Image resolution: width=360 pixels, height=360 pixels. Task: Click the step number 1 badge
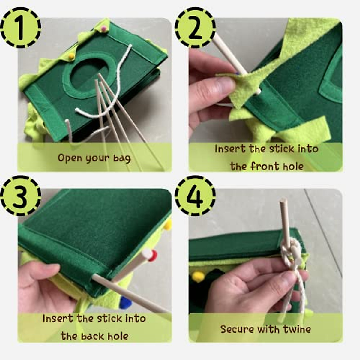coord(20,28)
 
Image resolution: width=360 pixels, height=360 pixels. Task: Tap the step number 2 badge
coord(195,28)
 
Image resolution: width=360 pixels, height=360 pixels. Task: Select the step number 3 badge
coord(20,196)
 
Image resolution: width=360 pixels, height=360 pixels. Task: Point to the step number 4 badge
coord(195,196)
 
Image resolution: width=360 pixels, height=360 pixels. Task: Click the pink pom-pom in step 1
coord(104,29)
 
